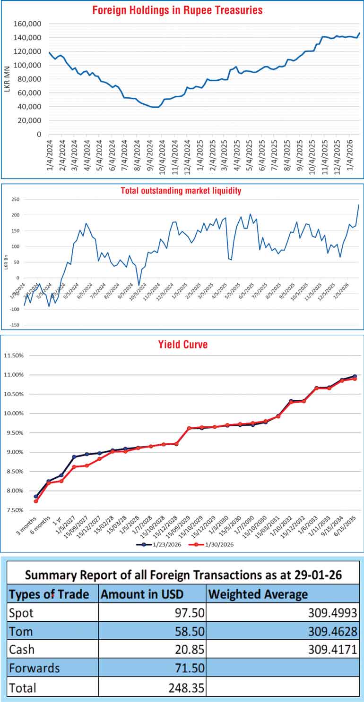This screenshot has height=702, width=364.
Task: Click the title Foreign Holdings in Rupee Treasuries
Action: click(x=178, y=10)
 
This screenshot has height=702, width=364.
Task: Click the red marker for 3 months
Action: click(x=36, y=501)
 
